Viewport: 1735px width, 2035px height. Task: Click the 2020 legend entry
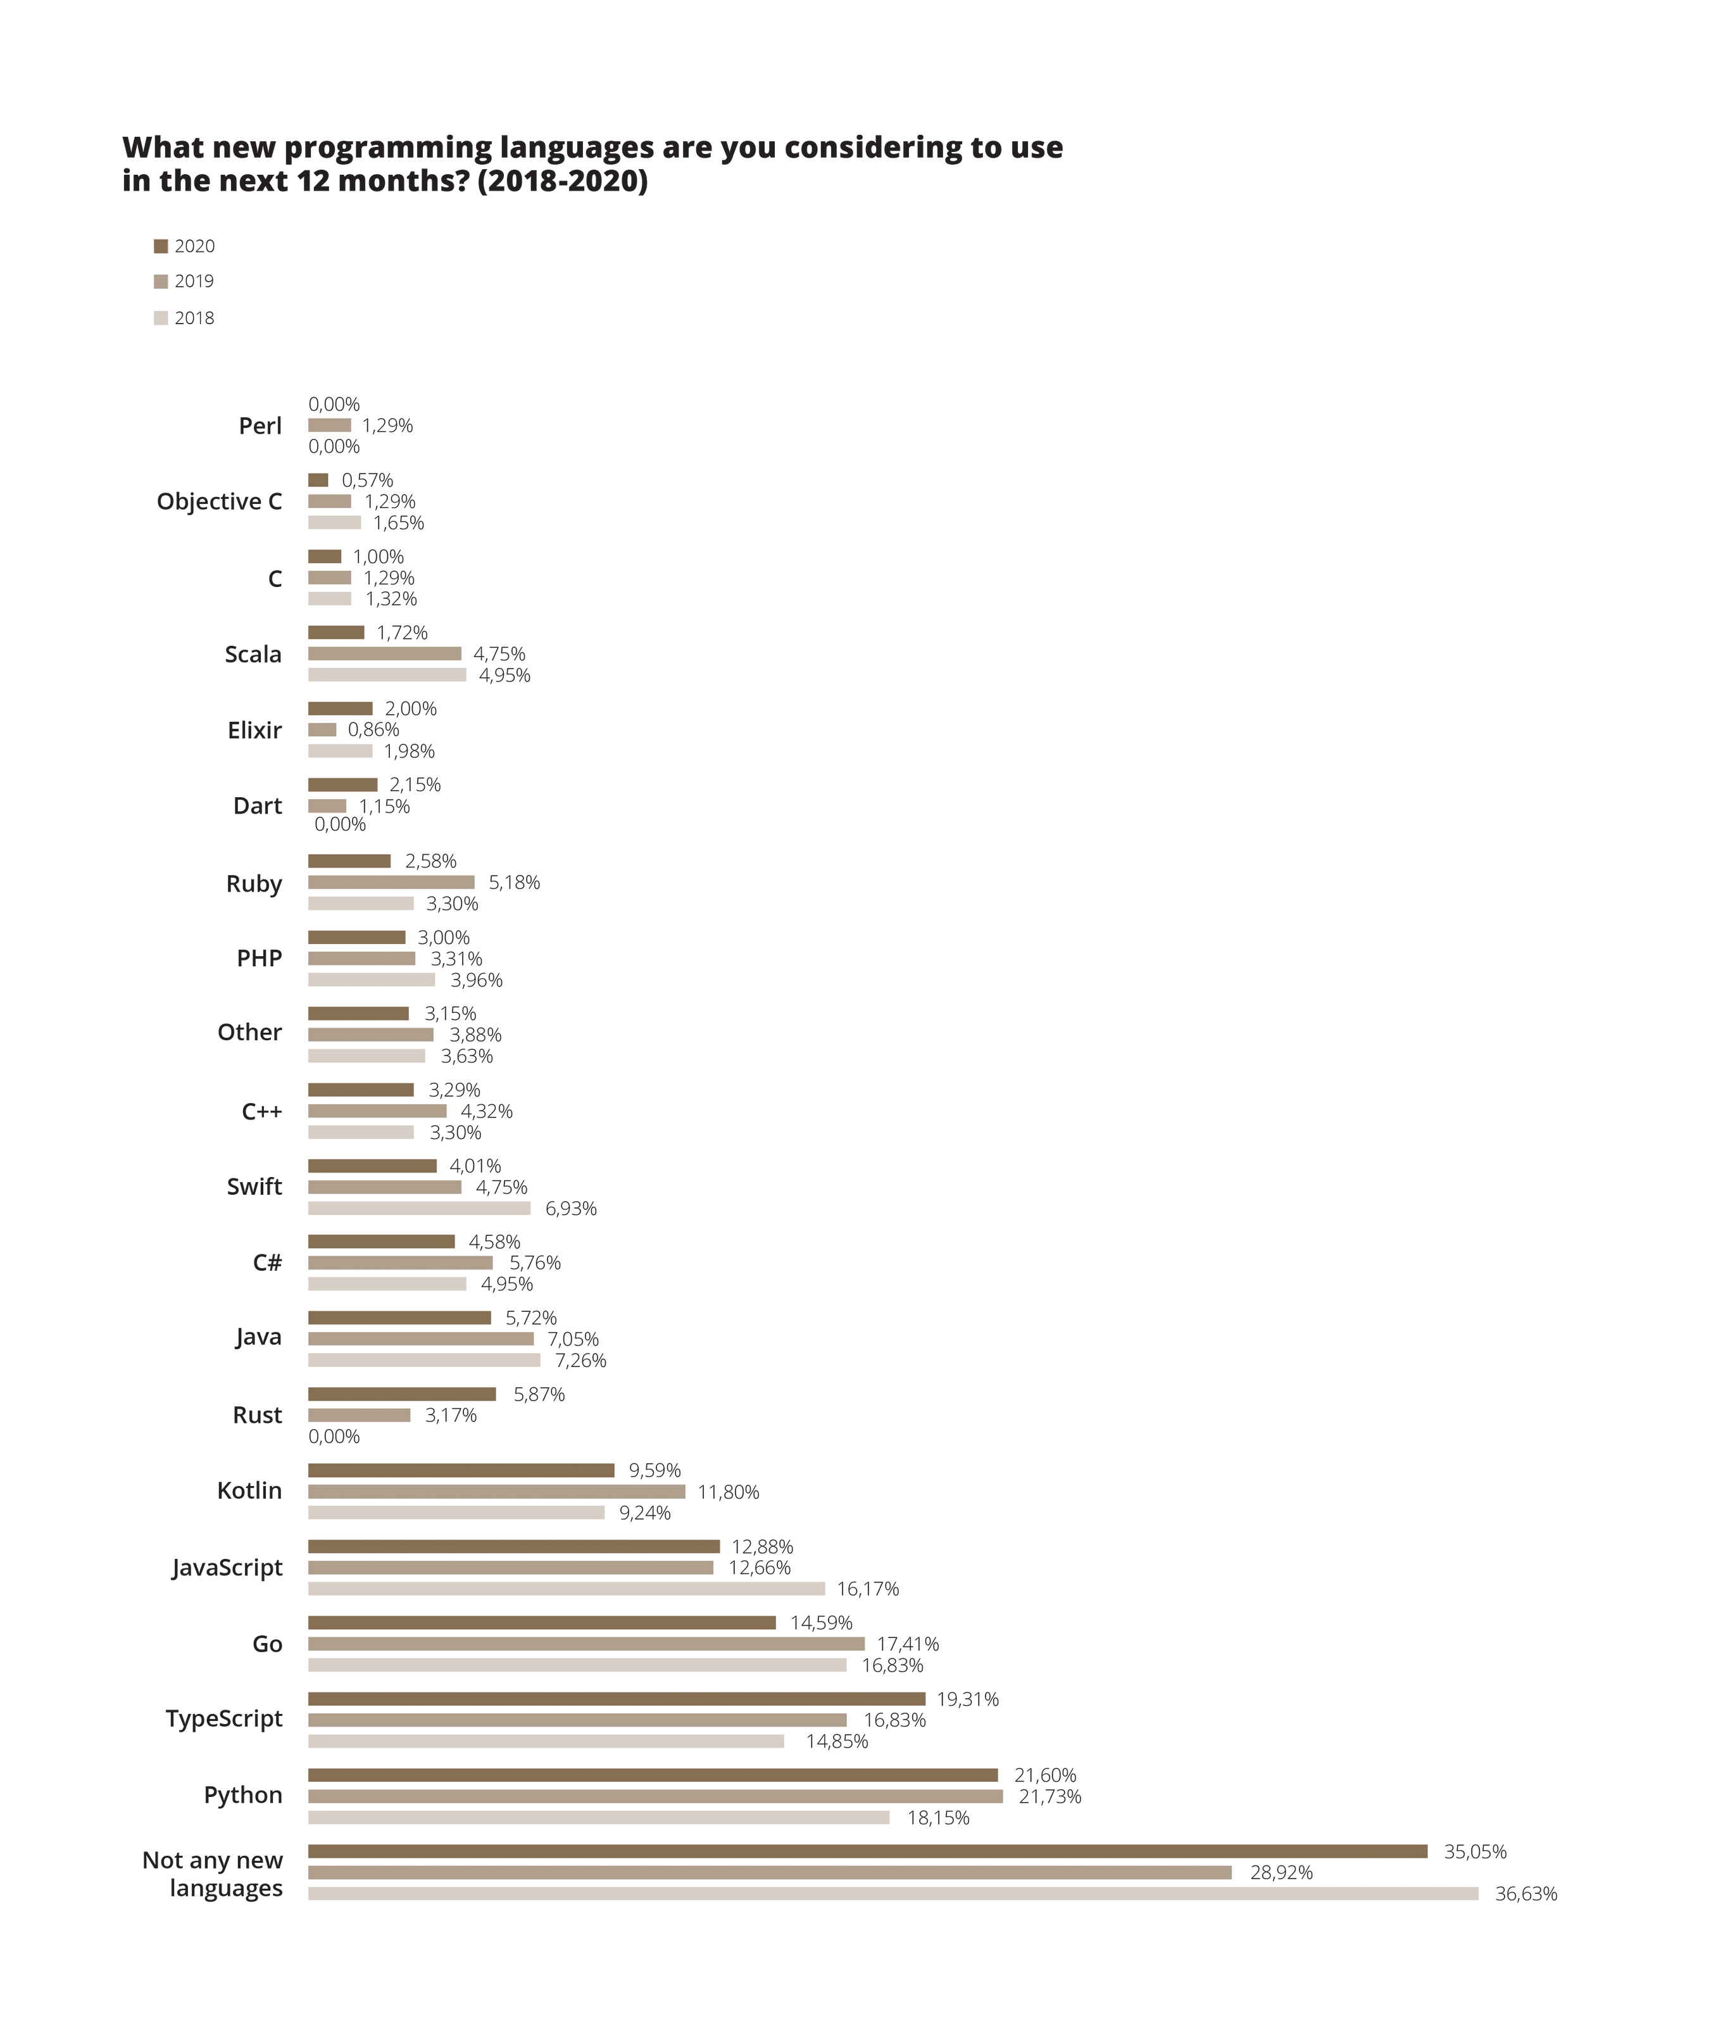pos(185,246)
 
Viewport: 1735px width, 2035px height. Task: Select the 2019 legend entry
pos(185,282)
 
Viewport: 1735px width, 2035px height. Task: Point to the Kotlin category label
pos(249,1491)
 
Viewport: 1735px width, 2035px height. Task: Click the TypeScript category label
pos(224,1719)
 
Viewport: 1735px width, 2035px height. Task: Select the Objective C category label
pos(219,502)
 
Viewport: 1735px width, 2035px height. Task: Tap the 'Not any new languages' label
pos(213,1874)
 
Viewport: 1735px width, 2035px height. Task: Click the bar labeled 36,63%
pos(893,1894)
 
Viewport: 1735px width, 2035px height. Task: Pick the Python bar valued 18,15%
pos(598,1818)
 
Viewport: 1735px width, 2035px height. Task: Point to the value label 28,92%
pos(1281,1873)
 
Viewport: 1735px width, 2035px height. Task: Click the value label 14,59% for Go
pos(821,1623)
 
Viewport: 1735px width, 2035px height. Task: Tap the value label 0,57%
pos(367,481)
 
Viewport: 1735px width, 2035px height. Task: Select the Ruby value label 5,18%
pos(513,882)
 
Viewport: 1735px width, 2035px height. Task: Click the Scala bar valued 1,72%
pos(336,633)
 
